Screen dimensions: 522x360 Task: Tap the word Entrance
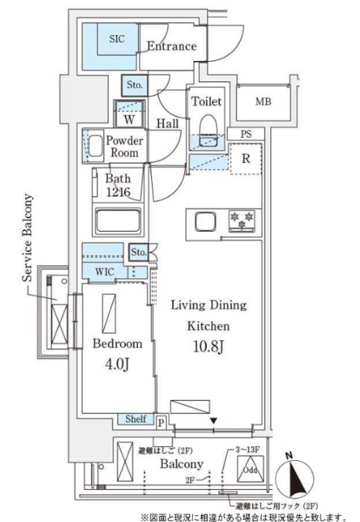[x=171, y=46]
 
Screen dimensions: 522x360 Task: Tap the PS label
[x=245, y=134]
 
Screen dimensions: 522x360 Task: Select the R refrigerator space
[x=245, y=157]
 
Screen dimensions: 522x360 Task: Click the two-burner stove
[x=241, y=221]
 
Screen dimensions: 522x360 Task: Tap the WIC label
[x=105, y=272]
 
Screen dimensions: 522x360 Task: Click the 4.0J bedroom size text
[x=117, y=363]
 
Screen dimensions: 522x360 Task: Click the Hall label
[x=166, y=124]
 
